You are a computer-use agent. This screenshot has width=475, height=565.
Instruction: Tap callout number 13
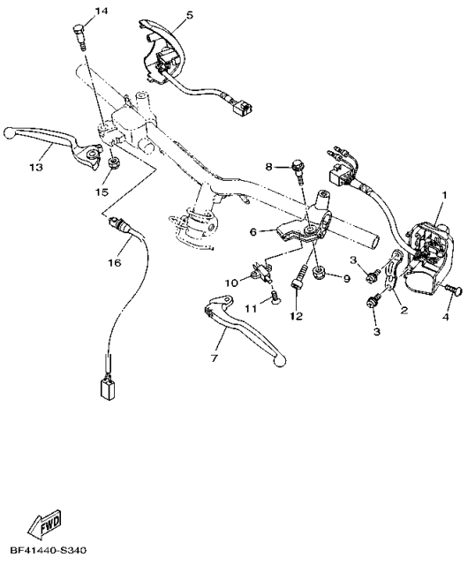(x=36, y=166)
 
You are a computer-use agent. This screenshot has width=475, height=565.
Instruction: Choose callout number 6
(x=253, y=232)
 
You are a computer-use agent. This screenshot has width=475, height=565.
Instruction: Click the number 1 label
(x=445, y=194)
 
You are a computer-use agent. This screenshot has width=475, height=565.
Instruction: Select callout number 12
(x=297, y=316)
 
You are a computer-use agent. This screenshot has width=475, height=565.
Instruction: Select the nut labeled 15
(x=113, y=164)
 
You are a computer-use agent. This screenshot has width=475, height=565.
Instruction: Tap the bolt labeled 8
(x=299, y=167)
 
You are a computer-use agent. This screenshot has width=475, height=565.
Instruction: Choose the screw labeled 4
(x=454, y=288)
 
